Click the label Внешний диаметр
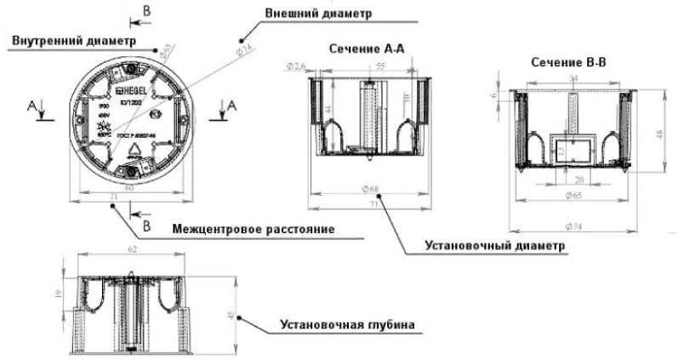306,15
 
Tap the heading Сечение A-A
368,49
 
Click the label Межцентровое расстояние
252,229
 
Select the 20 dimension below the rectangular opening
578,180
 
